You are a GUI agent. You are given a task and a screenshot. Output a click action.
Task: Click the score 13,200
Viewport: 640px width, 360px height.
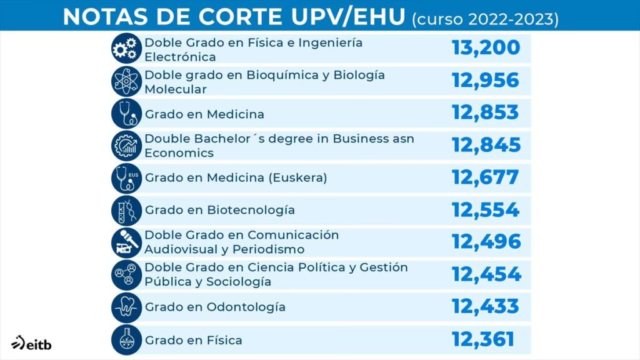pos(486,47)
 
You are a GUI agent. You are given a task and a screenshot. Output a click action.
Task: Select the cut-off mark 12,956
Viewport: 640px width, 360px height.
pos(486,80)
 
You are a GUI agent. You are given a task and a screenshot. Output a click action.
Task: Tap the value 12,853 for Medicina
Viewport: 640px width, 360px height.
pos(485,112)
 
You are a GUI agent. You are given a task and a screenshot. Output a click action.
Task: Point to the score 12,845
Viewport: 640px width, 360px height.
pos(486,145)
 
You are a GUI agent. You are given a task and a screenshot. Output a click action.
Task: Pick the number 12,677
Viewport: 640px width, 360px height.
pos(485,177)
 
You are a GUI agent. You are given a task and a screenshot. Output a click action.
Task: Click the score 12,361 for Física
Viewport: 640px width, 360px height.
pos(483,339)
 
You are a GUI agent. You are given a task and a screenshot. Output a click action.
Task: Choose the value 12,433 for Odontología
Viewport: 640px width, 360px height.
pos(485,306)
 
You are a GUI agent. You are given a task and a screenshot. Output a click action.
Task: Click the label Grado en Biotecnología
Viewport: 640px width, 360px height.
pos(220,210)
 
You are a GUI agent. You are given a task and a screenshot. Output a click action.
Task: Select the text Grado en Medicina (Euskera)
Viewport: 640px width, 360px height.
pos(236,177)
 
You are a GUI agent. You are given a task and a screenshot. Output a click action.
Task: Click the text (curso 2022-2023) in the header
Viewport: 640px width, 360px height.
pos(484,19)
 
